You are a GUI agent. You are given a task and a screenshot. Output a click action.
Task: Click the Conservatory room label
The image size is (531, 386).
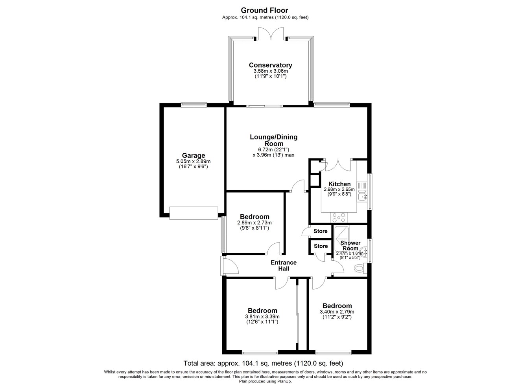tap(271, 65)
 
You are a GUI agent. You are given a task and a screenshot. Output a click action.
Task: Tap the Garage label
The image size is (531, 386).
tap(194, 155)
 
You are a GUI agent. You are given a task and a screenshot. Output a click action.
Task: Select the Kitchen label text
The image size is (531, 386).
tap(339, 184)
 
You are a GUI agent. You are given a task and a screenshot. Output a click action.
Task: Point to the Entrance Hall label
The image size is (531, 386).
tap(284, 265)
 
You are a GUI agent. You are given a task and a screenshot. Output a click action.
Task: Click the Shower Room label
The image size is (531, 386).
tap(350, 246)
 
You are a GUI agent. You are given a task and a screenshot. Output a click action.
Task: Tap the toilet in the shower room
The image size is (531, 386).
tap(360, 268)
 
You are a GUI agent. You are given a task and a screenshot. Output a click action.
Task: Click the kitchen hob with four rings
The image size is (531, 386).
tap(339, 217)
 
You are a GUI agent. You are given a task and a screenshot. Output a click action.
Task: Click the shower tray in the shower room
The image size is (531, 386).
tap(341, 239)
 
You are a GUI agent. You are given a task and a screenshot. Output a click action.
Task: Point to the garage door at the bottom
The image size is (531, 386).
tap(194, 213)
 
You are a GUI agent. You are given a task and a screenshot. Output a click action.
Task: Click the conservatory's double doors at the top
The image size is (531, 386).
tap(271, 34)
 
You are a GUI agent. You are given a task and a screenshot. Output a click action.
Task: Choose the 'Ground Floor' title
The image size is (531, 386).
tap(265, 10)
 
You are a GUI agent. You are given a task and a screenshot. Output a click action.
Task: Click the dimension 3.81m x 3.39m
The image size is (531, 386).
tap(262, 316)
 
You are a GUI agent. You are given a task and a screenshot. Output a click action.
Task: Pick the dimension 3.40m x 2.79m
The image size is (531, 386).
tap(337, 312)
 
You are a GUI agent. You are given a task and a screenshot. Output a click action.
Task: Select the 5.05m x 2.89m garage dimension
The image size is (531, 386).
tap(193, 162)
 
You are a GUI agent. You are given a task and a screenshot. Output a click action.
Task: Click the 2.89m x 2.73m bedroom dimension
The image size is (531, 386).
tap(254, 223)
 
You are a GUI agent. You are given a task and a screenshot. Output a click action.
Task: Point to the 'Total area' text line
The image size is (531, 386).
tap(264, 363)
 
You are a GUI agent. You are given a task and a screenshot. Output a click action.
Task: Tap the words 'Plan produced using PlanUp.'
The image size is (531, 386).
tap(265, 381)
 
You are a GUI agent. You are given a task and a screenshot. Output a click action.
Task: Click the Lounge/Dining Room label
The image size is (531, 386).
tap(274, 140)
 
